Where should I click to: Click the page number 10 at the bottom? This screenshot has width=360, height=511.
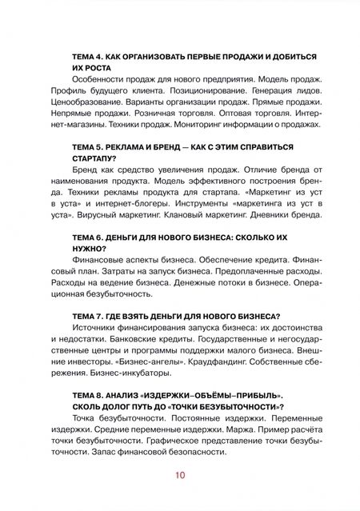[179, 477]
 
